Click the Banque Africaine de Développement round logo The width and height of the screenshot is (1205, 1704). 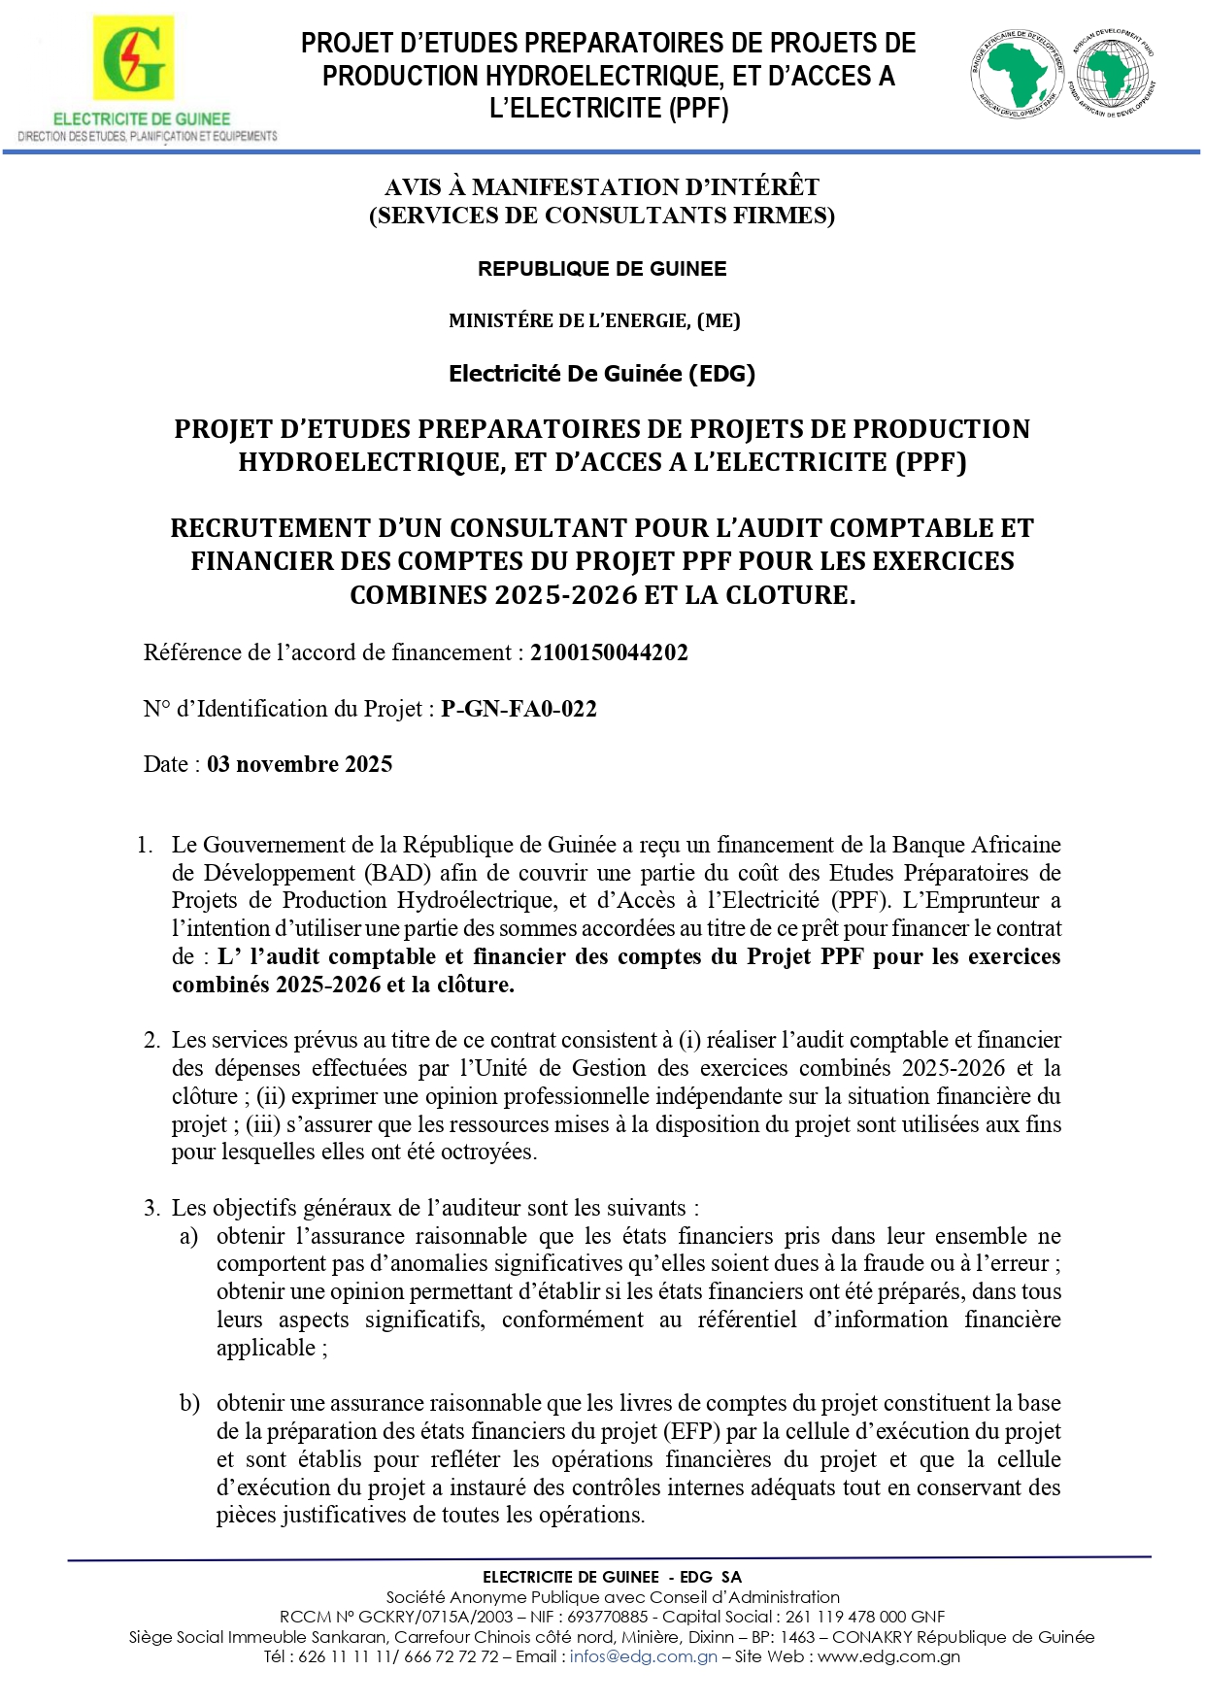click(1017, 75)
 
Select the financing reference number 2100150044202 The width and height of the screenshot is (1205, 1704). click(609, 652)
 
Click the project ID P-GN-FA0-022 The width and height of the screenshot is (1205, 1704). click(519, 709)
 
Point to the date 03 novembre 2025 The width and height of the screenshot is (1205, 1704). click(299, 764)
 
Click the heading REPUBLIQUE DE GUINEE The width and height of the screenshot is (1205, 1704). click(602, 269)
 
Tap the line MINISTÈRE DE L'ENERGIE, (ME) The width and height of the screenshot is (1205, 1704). click(594, 320)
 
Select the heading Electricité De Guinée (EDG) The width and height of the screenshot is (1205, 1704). click(602, 374)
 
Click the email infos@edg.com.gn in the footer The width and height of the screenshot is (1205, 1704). click(643, 1656)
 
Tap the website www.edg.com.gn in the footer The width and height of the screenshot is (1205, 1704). click(888, 1656)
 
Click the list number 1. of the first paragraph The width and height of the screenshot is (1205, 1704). click(145, 845)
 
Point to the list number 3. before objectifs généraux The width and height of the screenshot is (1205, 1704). click(151, 1208)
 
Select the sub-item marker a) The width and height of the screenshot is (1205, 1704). click(189, 1236)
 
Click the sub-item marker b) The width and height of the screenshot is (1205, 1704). click(189, 1403)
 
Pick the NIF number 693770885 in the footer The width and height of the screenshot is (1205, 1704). click(608, 1617)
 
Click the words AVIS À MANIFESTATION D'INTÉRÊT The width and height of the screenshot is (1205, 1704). click(602, 186)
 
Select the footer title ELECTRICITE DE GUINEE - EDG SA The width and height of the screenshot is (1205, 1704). click(612, 1577)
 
